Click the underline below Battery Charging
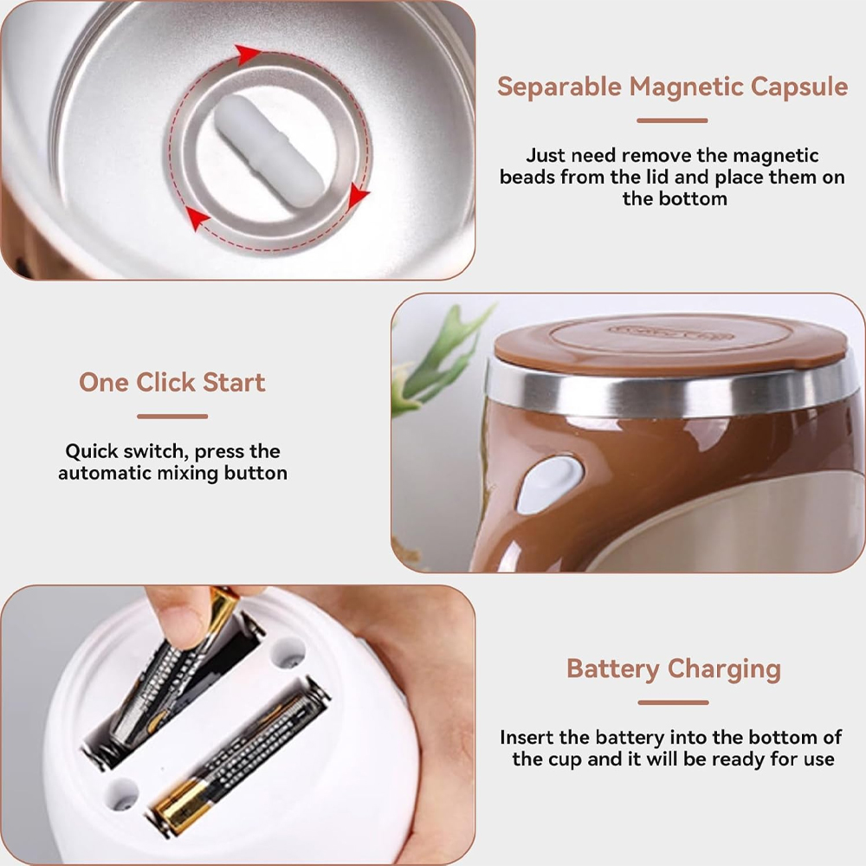point(673,702)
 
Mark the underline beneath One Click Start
point(171,417)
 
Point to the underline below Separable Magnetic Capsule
point(672,121)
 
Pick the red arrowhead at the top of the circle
point(249,55)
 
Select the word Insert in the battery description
point(527,738)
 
